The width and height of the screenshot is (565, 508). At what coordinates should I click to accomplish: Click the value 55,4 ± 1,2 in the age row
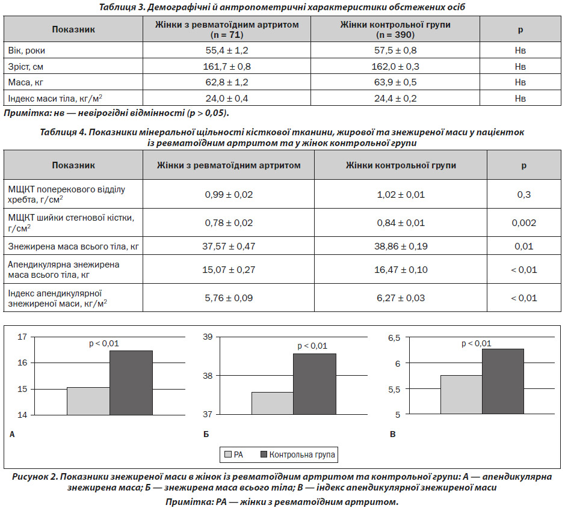coord(227,50)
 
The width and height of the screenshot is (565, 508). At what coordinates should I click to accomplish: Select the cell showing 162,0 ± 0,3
coord(395,67)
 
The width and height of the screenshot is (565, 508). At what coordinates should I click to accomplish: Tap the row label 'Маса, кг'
coord(26,82)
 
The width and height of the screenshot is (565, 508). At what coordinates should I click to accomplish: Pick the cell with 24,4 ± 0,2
coord(395,98)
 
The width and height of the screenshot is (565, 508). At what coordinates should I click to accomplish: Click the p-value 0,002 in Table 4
coord(524,223)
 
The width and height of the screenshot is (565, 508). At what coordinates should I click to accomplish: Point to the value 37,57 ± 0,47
coord(229,246)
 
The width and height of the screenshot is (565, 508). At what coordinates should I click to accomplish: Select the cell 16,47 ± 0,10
coord(401,270)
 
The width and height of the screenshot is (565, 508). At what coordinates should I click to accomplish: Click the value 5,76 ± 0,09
coord(229,298)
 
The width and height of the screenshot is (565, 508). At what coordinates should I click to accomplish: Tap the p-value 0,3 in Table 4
coord(524,195)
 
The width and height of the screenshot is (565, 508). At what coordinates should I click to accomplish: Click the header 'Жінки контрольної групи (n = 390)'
coord(395,29)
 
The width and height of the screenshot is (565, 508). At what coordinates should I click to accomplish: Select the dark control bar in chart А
coord(131,383)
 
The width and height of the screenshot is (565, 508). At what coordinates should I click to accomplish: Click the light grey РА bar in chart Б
coord(273,403)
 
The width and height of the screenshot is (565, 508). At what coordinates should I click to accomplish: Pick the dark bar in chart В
coord(502,382)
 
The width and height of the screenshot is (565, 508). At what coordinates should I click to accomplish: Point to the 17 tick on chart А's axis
coord(22,337)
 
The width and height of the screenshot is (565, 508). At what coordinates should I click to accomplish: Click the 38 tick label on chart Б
coord(208,376)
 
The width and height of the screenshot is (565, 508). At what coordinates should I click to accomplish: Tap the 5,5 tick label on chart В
coord(394,390)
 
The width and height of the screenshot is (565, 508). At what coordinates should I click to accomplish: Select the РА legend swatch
coord(227,454)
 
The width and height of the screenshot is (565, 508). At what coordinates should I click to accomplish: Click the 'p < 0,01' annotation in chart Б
coord(312,346)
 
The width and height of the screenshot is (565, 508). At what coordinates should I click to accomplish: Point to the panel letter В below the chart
coord(393,435)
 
